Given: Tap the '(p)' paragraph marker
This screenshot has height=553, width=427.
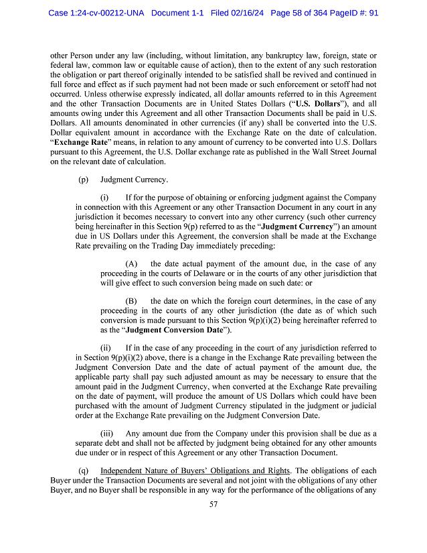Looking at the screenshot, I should coord(83,180).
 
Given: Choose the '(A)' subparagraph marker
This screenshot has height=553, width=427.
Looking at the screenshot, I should coord(131,264).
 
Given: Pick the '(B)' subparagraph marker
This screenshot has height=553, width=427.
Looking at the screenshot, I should coord(131,302).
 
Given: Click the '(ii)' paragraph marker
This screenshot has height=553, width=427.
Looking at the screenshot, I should coord(106,349).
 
